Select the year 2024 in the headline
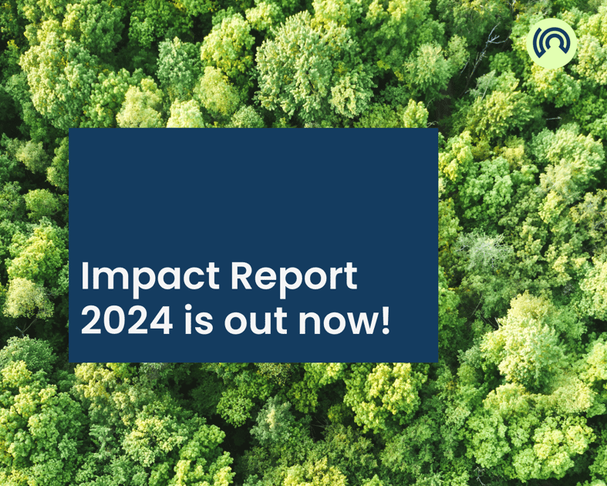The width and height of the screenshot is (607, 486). (x=126, y=320)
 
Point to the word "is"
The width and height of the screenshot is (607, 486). (x=198, y=319)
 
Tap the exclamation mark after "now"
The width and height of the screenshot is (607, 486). (x=385, y=320)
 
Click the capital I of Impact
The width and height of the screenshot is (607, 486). (x=84, y=275)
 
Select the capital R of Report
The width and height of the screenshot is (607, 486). (x=241, y=275)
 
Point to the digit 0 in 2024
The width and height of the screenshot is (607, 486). (x=116, y=320)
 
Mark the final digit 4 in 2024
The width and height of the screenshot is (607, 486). (x=161, y=320)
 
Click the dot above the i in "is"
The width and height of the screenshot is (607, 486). (x=188, y=308)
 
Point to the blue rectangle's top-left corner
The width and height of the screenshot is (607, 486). (x=69, y=129)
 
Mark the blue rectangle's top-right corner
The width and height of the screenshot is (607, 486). (x=438, y=129)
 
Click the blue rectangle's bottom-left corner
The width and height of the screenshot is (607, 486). (x=69, y=362)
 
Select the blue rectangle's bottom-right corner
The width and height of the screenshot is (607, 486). (x=438, y=362)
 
